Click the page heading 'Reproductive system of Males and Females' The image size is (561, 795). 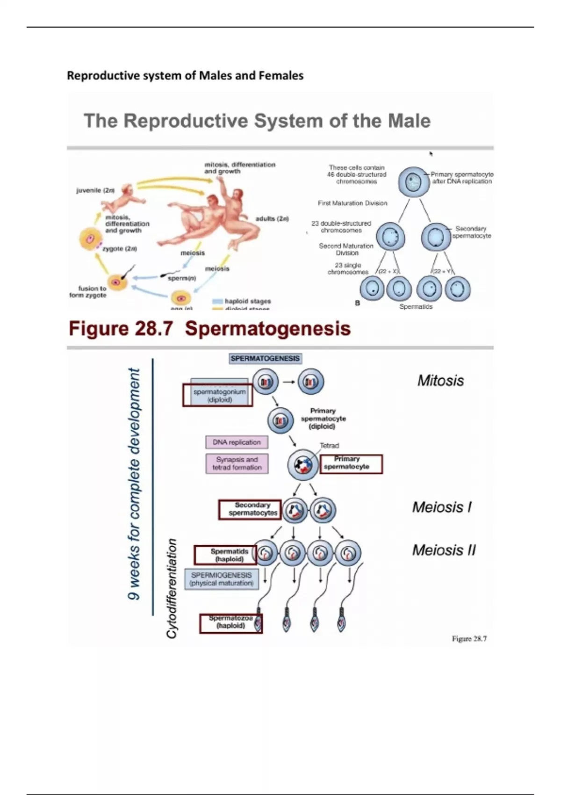coord(185,75)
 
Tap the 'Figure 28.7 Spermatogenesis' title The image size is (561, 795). coord(209,328)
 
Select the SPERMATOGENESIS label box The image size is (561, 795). coord(265,359)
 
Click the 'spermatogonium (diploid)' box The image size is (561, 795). coord(218,396)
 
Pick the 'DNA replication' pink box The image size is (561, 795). coord(237,442)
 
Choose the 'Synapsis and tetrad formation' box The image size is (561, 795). coord(237,463)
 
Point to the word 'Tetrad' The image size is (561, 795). coord(330,446)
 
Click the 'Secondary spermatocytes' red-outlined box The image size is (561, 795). coord(250,509)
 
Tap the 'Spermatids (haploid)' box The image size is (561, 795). coord(226,555)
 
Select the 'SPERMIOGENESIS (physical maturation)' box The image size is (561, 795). coord(222,579)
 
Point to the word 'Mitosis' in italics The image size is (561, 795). coord(440,381)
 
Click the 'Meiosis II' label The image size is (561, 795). coord(444,550)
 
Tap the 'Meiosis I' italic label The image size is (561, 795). coord(442,507)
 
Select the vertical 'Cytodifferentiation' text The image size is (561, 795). coord(172,588)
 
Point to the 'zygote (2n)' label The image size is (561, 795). coord(120,249)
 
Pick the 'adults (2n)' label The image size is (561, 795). coord(272,218)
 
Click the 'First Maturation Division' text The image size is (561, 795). coord(352,203)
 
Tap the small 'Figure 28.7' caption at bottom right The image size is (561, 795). coord(469,639)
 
